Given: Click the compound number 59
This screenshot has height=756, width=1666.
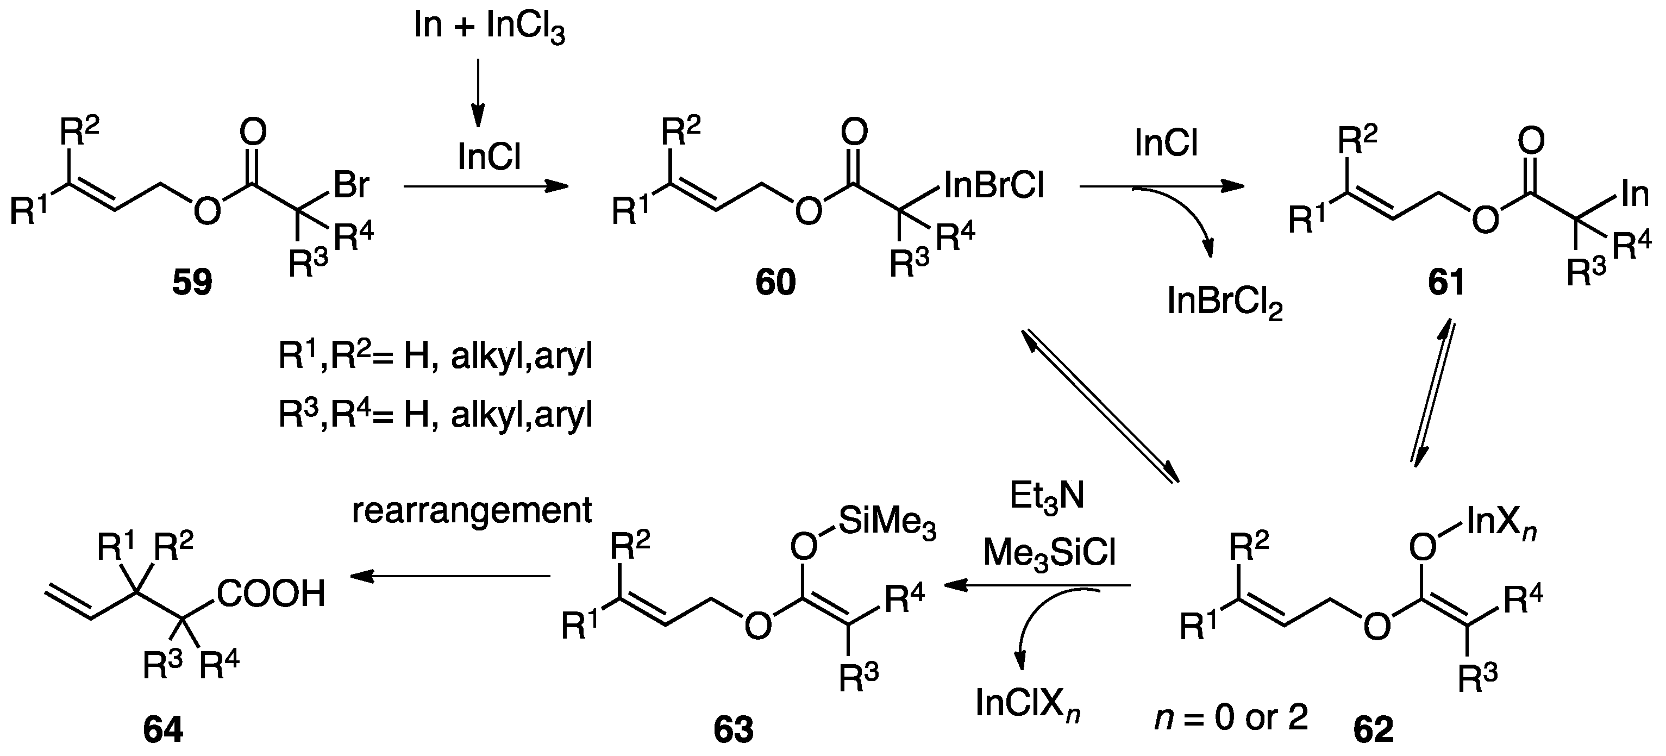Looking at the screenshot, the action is pos(192,283).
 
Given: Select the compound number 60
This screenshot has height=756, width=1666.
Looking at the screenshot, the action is pos(775,283).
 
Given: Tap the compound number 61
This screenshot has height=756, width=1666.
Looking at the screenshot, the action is pos(1446,283).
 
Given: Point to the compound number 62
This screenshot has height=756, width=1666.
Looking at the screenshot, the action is pos(1373,729).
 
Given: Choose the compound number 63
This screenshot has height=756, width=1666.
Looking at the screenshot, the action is pos(734,729).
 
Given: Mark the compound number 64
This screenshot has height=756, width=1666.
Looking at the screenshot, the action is pos(163,729).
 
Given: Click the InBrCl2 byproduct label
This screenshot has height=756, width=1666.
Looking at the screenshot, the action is pos(1225,303).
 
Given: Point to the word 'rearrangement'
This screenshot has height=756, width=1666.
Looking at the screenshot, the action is pos(472,511).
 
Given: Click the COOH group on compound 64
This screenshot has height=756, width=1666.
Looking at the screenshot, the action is pos(271,593).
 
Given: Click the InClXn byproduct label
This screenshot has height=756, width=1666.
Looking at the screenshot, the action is pos(1028,704).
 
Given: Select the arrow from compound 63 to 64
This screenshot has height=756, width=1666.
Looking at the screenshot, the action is pos(450,576).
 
